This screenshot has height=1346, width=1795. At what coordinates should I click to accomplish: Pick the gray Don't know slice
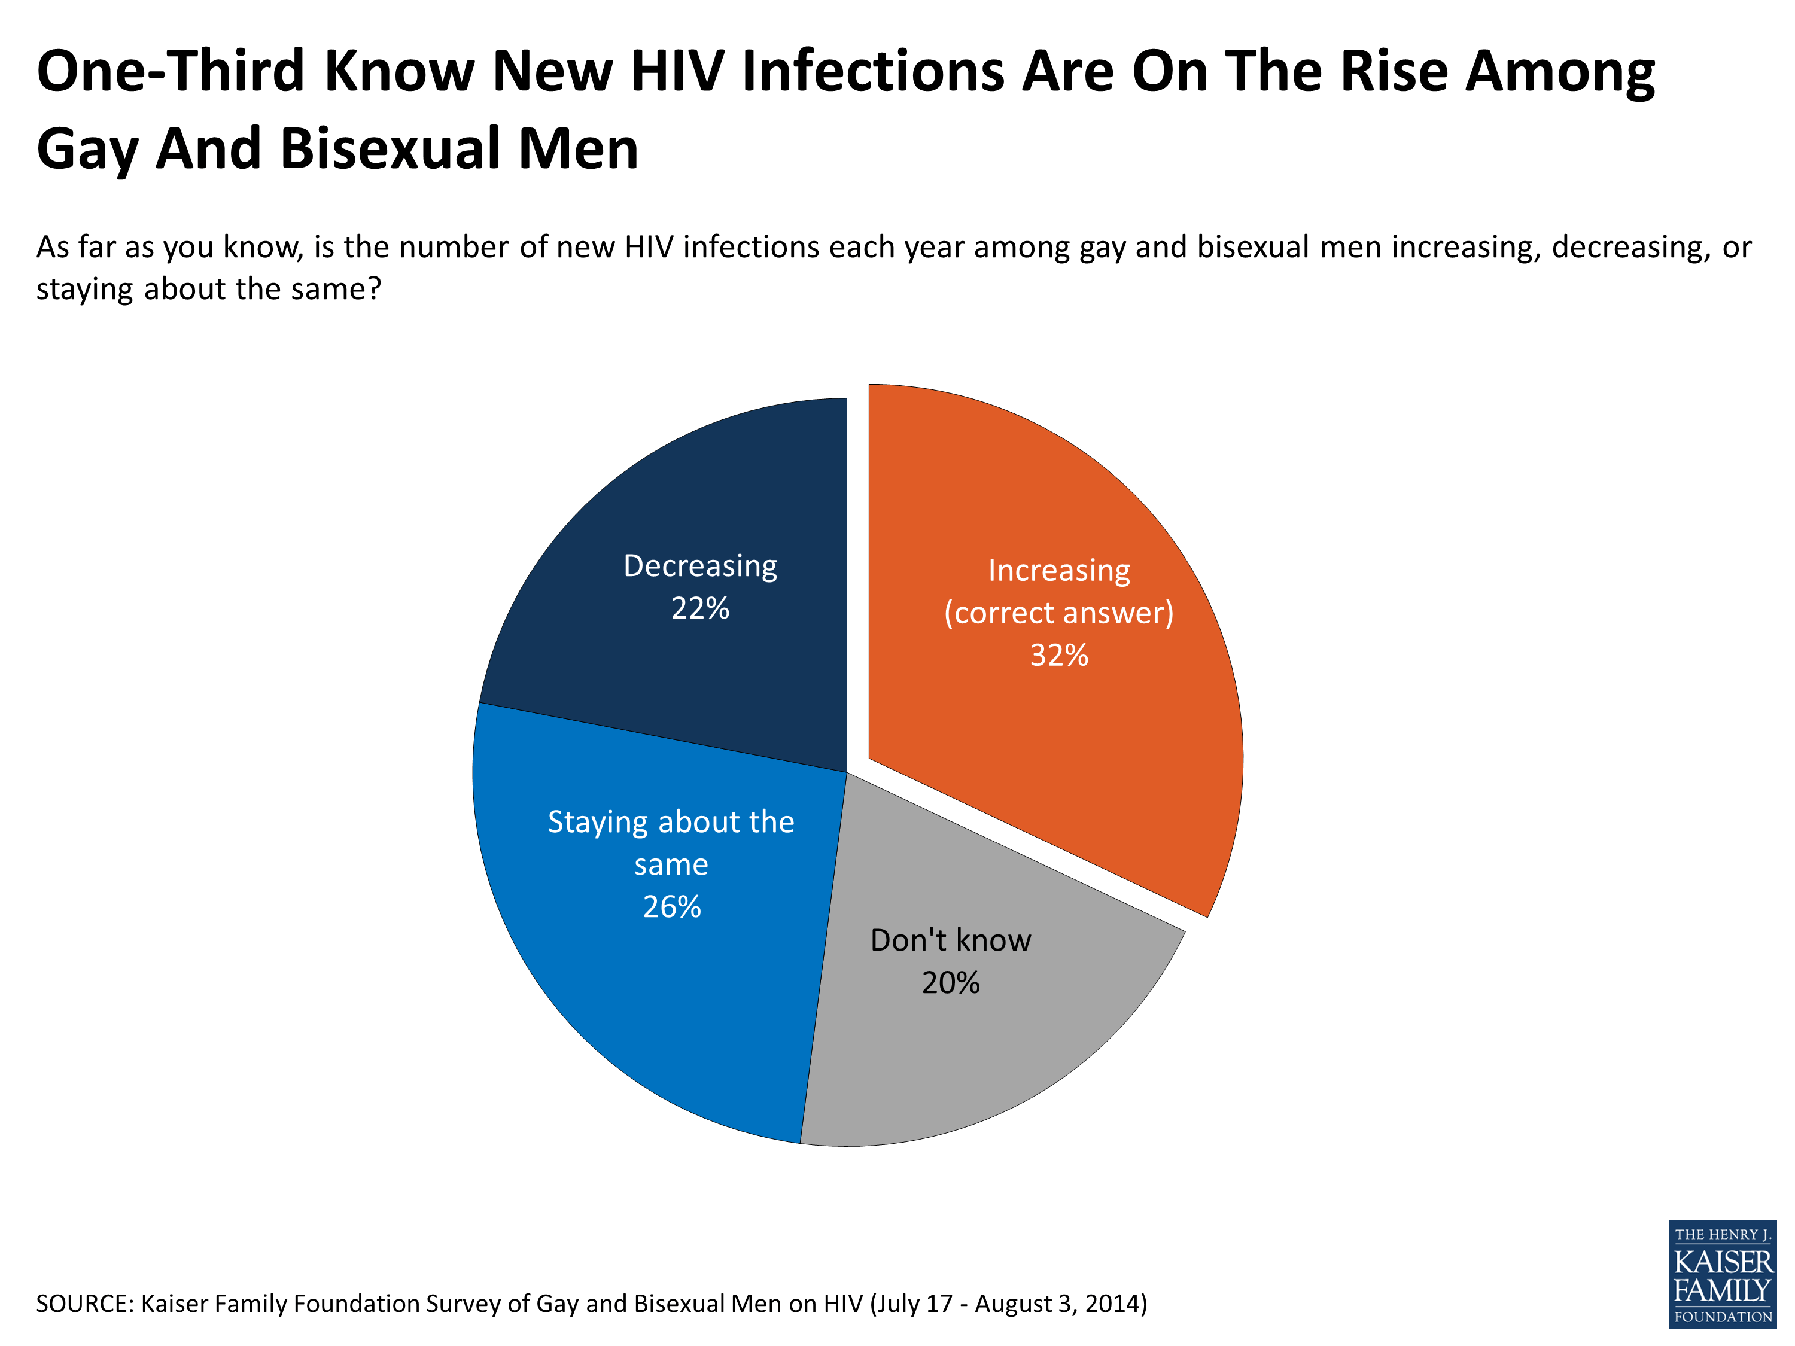[x=957, y=1055]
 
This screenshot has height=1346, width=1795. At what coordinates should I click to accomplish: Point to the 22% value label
[x=699, y=608]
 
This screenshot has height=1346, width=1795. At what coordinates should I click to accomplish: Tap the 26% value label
[x=671, y=907]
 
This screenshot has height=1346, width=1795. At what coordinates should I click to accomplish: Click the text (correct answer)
[x=1058, y=613]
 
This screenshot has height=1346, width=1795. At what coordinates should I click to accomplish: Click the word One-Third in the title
[x=171, y=71]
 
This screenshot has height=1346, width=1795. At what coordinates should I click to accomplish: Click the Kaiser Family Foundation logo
[x=1722, y=1274]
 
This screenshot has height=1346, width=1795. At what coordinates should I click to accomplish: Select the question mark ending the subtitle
[x=373, y=289]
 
